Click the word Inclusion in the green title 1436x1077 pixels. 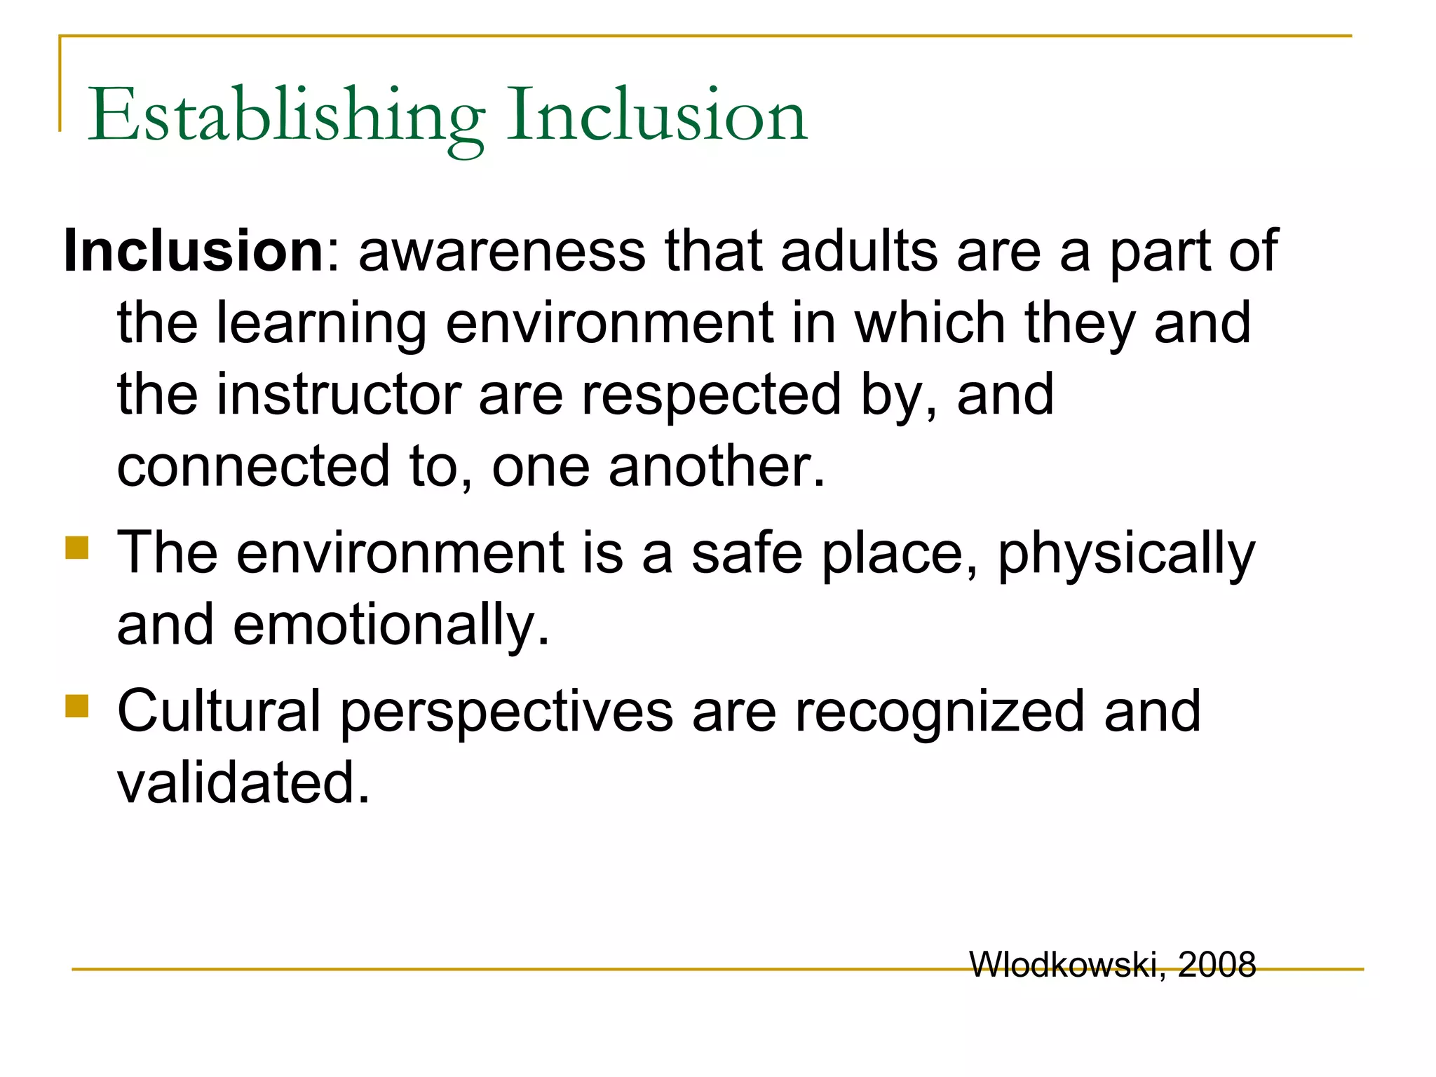point(657,116)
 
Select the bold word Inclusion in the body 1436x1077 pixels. point(194,251)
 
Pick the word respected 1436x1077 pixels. point(711,394)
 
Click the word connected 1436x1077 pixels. point(253,466)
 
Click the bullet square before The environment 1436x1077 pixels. point(77,548)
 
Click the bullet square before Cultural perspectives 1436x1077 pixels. point(77,706)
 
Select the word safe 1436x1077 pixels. point(747,553)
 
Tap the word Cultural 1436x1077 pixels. point(219,711)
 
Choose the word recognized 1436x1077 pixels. point(939,712)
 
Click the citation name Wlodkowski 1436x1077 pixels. point(1063,965)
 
